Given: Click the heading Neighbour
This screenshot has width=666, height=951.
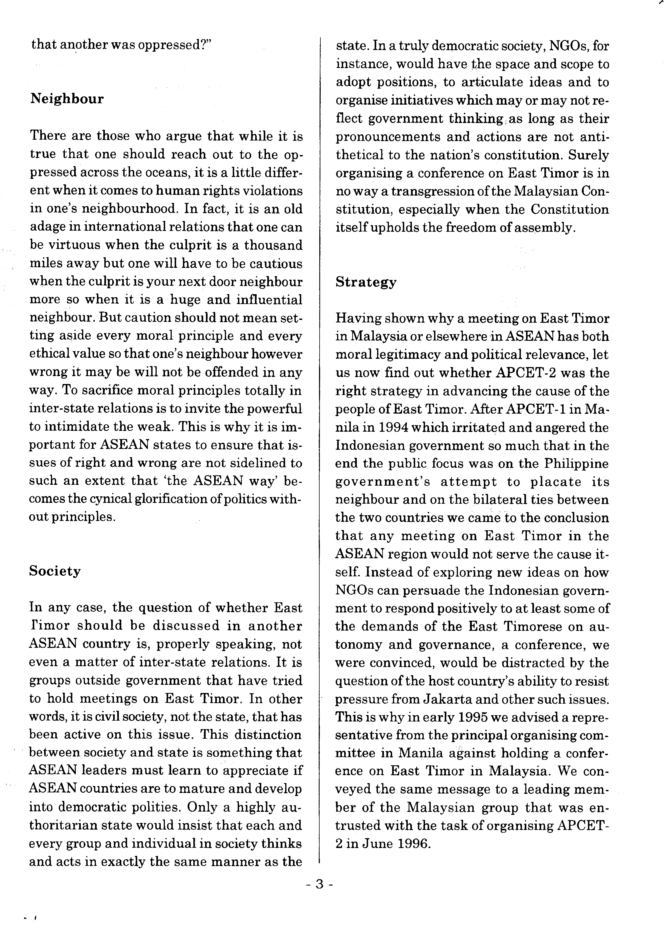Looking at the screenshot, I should click(67, 99).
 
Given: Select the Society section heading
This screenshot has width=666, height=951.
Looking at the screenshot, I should click(55, 571).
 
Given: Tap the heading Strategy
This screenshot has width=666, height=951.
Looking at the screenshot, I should click(365, 282).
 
